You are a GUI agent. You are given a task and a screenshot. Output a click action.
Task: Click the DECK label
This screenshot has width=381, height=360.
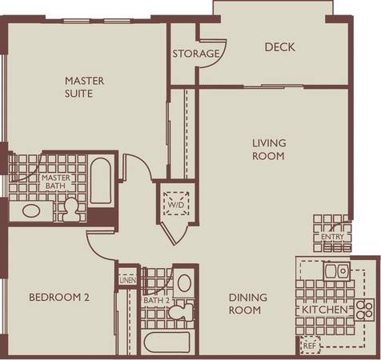click(280, 47)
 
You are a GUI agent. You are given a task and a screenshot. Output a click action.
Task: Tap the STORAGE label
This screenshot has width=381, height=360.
click(196, 54)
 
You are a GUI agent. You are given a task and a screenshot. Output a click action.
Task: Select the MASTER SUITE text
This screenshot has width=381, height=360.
click(84, 87)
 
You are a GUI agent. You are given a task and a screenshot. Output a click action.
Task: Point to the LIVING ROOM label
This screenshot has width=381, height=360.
click(269, 150)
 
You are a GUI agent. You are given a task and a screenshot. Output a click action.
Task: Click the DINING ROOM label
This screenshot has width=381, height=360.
click(248, 304)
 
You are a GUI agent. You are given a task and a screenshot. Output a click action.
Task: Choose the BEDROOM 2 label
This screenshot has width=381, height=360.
click(59, 297)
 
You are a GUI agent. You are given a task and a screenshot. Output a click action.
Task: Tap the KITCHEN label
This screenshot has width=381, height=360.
click(325, 310)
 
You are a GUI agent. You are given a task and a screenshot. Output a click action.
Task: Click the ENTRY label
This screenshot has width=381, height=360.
click(332, 237)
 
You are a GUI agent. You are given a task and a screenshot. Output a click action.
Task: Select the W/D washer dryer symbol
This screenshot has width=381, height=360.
click(176, 203)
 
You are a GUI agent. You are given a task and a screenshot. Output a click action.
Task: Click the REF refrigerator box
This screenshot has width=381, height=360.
click(310, 346)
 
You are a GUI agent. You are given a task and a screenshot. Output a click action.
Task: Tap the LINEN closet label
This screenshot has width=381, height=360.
click(128, 280)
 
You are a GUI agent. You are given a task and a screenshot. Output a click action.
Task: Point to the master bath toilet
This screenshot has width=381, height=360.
click(71, 210)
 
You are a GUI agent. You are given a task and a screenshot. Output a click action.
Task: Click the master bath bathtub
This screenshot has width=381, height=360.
click(101, 181)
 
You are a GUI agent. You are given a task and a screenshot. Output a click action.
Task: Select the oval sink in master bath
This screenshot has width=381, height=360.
click(31, 211)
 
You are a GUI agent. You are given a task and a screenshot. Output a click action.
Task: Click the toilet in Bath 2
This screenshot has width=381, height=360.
click(181, 311)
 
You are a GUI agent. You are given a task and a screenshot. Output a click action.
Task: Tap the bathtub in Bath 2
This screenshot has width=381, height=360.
click(167, 342)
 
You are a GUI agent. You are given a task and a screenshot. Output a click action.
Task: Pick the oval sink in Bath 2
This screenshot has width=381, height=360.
click(184, 283)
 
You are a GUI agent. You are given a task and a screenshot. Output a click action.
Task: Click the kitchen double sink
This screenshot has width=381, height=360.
click(337, 271)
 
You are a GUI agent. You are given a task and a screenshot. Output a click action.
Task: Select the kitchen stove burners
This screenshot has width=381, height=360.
click(364, 310)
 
